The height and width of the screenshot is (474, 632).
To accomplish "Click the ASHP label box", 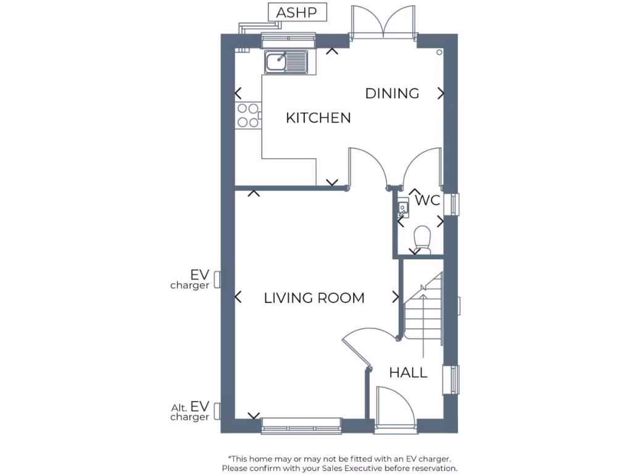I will pyautogui.click(x=297, y=12).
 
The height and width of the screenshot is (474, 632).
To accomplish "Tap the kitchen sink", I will pyautogui.click(x=286, y=62).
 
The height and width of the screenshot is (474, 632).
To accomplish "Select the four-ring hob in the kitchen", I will pyautogui.click(x=247, y=115).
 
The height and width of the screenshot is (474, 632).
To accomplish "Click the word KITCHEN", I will pyautogui.click(x=318, y=118).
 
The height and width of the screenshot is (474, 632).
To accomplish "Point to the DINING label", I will pyautogui.click(x=392, y=94).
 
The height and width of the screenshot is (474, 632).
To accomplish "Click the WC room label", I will pyautogui.click(x=427, y=201).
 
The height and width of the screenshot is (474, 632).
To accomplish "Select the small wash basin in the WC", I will pyautogui.click(x=403, y=208).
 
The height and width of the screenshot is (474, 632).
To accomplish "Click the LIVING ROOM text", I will pyautogui.click(x=314, y=298).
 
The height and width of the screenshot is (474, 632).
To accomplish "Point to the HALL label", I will pyautogui.click(x=408, y=373).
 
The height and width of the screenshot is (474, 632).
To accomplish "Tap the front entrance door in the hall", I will pyautogui.click(x=395, y=407).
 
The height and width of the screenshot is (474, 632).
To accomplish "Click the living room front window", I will pyautogui.click(x=301, y=425).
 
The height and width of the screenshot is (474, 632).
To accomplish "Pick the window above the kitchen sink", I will pyautogui.click(x=288, y=41).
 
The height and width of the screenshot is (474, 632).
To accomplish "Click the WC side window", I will pyautogui.click(x=455, y=204).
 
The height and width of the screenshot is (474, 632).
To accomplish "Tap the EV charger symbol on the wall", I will pyautogui.click(x=217, y=280).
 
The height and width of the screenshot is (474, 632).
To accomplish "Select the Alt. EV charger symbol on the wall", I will pyautogui.click(x=217, y=412).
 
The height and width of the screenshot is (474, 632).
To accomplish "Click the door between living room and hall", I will pyautogui.click(x=358, y=349).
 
